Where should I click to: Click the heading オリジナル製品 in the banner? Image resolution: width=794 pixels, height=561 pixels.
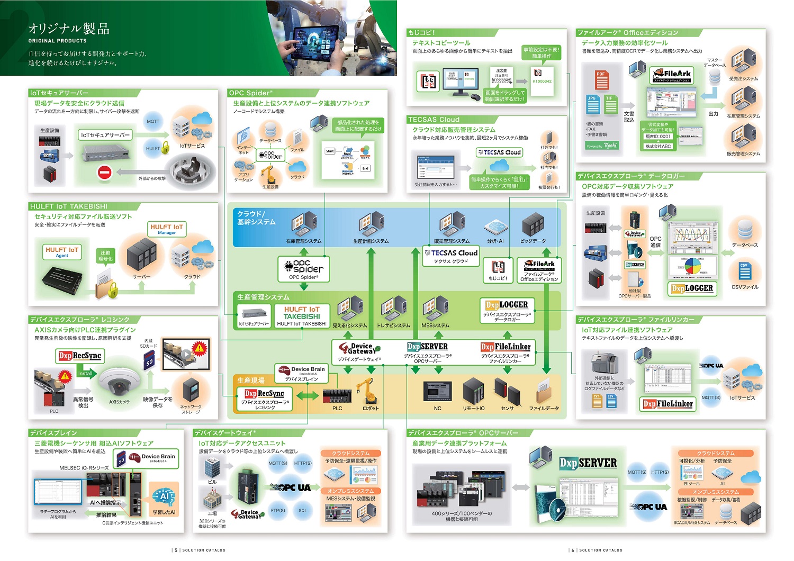tap(69, 29)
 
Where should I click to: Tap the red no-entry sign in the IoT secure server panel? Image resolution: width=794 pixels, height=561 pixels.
tap(104, 173)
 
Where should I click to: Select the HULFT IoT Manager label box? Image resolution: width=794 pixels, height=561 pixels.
tap(166, 229)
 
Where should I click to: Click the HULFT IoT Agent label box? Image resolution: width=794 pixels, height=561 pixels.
tap(62, 251)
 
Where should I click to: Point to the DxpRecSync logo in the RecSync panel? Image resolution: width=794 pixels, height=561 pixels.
tap(80, 356)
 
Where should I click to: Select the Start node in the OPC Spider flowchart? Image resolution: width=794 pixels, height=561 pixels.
tap(330, 151)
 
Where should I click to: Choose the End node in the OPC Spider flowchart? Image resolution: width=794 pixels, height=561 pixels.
tap(365, 168)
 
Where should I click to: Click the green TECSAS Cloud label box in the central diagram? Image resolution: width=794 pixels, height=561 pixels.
tap(451, 255)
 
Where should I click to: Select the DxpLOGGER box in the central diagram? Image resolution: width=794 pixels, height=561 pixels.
tap(507, 310)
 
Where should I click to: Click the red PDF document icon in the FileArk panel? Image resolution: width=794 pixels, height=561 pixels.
tap(601, 79)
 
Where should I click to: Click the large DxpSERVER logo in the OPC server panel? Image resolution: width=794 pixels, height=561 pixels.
tap(588, 463)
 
